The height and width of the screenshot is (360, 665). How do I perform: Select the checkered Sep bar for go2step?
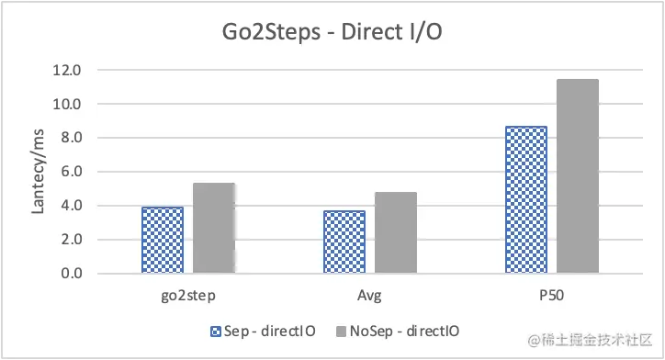click(x=162, y=240)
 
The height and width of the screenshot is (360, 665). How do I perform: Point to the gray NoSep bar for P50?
click(x=578, y=175)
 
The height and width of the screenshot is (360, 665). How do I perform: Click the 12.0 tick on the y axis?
click(x=69, y=70)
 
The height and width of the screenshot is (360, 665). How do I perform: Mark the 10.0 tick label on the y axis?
click(x=69, y=104)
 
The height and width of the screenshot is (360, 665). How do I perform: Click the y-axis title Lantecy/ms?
click(x=39, y=172)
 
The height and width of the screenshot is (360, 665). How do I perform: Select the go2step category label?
click(x=187, y=298)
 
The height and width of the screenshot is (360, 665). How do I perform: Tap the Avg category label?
click(x=370, y=298)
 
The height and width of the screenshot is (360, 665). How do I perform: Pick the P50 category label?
click(x=552, y=298)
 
